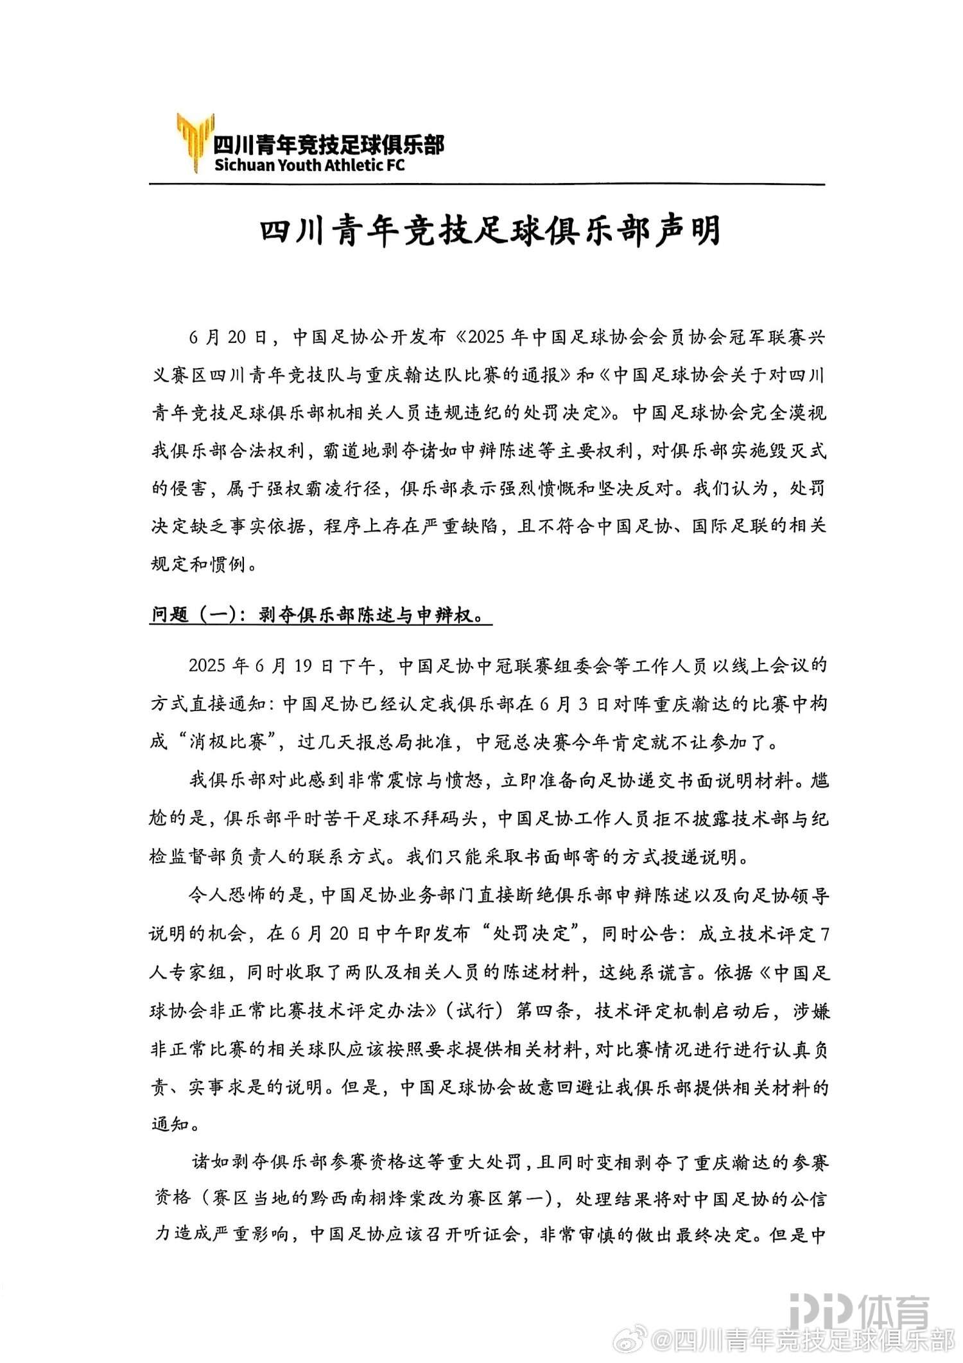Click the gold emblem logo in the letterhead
click(194, 142)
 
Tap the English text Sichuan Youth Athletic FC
click(309, 165)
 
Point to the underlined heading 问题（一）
click(193, 615)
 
